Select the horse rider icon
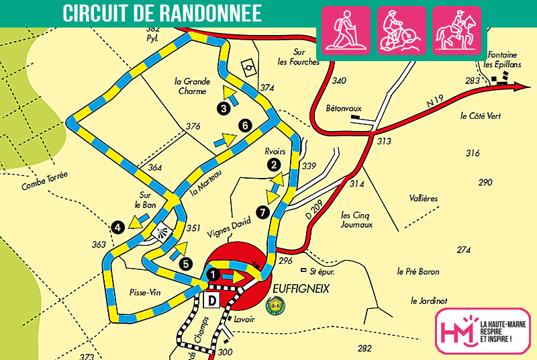coord(456,30)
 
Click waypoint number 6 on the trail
coord(245,125)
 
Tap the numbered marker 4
coord(118,228)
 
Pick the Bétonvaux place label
coord(344,107)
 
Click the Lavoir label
coord(244,320)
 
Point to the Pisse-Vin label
coord(146,293)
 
